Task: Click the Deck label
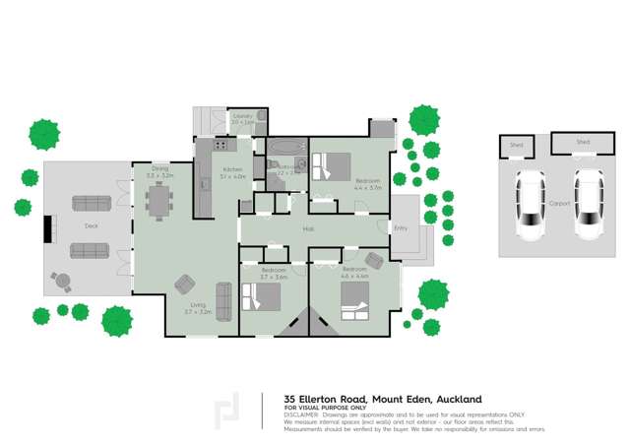coord(92,225)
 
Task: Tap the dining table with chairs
coord(158,200)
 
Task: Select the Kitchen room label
coord(232,169)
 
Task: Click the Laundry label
coord(243,116)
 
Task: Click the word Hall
coord(308,229)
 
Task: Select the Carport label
coord(559,204)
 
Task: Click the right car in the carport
coord(589,204)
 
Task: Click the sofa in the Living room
coord(223,301)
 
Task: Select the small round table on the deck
coord(62,281)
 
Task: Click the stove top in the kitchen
coord(221,146)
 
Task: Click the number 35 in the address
coord(290,399)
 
